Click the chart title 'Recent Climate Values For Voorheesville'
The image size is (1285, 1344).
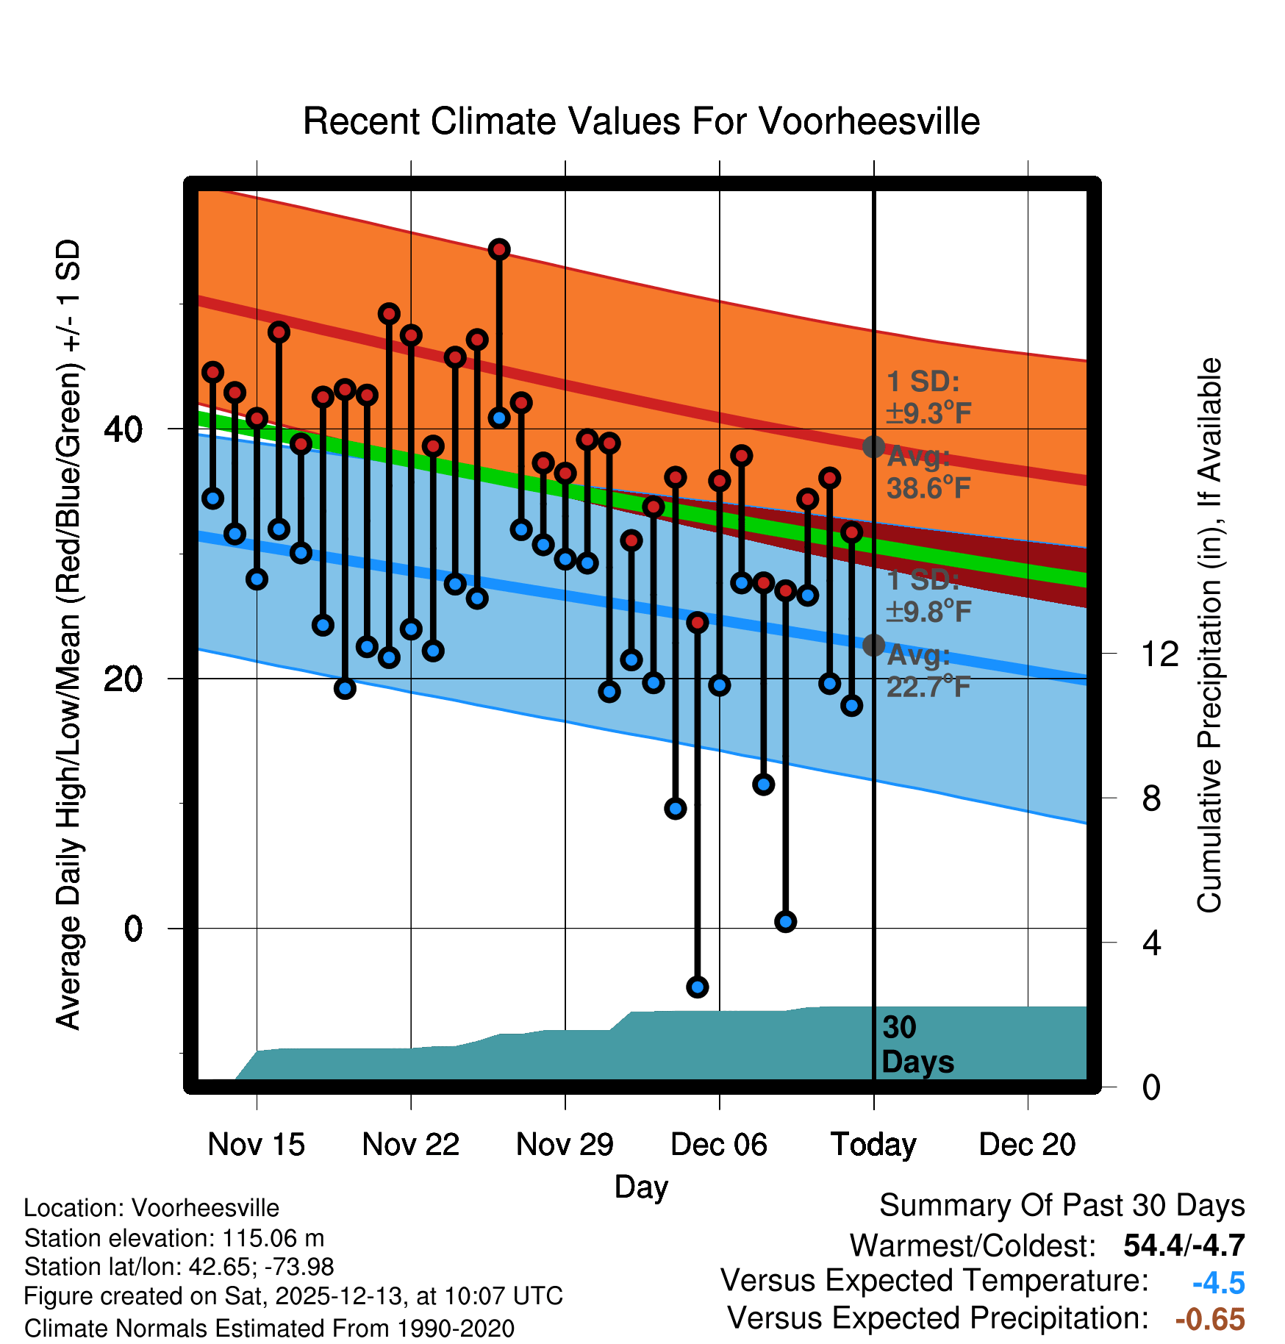tap(641, 121)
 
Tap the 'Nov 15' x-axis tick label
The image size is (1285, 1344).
tap(256, 1145)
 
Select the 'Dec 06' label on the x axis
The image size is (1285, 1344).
tap(718, 1145)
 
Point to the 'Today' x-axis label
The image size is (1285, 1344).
tap(873, 1145)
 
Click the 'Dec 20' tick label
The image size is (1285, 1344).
tap(1027, 1145)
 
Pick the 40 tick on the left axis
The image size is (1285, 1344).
tap(123, 429)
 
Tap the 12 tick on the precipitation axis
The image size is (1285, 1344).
tap(1159, 654)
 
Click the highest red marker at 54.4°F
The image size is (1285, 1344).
tap(499, 249)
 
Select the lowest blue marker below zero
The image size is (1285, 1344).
tap(698, 987)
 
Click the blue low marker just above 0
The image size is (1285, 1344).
tap(786, 921)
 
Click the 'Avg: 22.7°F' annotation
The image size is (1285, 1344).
tap(928, 671)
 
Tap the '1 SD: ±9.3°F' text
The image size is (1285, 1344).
tap(928, 398)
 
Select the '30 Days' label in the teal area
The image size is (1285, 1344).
tap(917, 1045)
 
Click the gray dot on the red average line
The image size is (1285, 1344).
tap(873, 446)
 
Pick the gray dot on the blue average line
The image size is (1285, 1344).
tap(873, 645)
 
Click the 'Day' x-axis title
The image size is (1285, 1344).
tap(641, 1187)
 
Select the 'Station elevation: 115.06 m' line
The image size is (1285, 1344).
tap(174, 1238)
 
